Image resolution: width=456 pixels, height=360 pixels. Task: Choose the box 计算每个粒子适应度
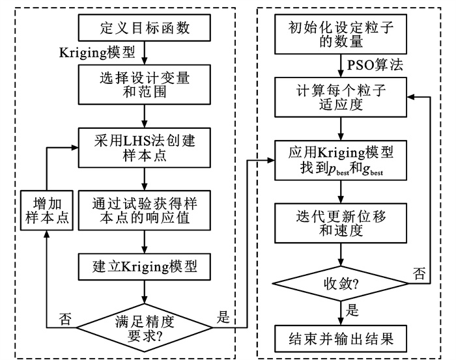tap(341, 96)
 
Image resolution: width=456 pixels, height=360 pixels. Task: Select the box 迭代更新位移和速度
tap(341, 221)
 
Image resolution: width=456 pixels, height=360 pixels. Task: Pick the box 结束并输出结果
tap(341, 340)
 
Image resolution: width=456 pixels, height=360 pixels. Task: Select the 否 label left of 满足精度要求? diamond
tap(65, 319)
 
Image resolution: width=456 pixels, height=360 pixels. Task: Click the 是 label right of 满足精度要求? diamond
tap(223, 318)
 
